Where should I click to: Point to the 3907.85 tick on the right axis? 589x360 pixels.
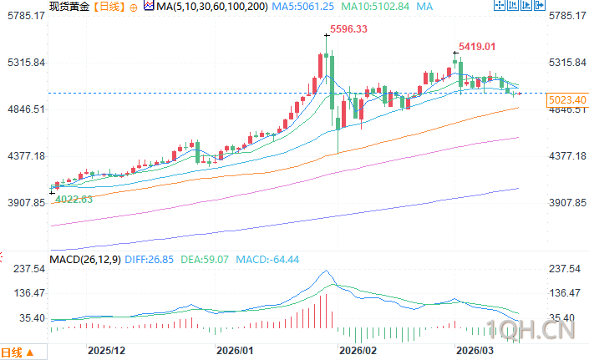coord(566,202)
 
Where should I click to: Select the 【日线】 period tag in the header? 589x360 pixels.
coord(109,7)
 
